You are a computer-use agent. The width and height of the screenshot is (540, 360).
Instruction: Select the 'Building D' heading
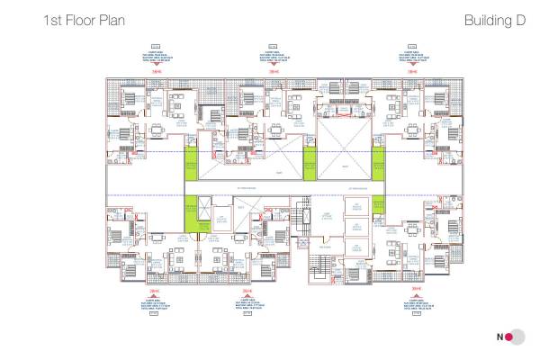(x=494, y=19)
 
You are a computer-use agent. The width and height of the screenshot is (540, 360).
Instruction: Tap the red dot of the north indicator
(x=508, y=337)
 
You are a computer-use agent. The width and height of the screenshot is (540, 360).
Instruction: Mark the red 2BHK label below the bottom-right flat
(x=417, y=290)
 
